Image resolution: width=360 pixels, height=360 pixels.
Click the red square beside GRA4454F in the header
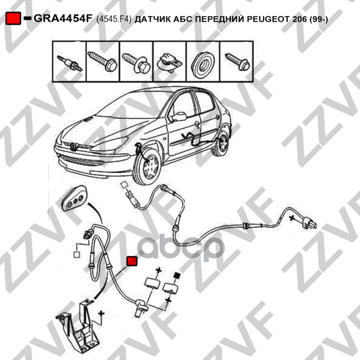coord(13,18)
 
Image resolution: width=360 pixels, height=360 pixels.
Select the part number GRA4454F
coord(63,19)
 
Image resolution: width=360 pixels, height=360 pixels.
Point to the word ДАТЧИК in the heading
coord(152,19)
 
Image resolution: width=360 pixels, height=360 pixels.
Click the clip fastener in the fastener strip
coord(169,63)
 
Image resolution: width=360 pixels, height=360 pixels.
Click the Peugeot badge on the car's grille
coord(73,146)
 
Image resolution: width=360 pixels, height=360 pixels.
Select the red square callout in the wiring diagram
coord(132,261)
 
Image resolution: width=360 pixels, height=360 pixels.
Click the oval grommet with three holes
coord(75,198)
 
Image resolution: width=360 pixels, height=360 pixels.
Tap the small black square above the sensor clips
coord(177,274)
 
